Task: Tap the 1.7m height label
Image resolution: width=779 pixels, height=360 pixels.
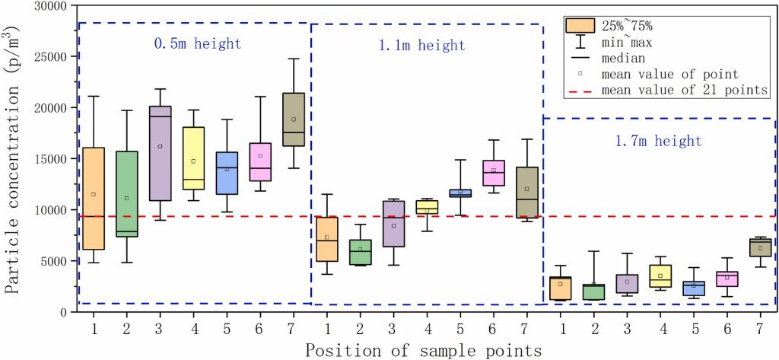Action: (x=657, y=141)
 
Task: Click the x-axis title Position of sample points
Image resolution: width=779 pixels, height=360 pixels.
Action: (x=424, y=350)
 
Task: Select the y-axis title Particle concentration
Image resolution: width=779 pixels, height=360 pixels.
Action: (x=14, y=158)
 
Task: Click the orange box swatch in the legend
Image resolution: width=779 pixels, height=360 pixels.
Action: (x=580, y=25)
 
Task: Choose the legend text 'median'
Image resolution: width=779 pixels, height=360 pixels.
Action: (x=623, y=58)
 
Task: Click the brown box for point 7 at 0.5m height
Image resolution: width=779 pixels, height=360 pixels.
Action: (x=294, y=119)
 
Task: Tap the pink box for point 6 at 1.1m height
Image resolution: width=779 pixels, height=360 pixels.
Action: (x=494, y=173)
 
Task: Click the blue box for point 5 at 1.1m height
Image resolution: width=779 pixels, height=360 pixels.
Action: (x=460, y=193)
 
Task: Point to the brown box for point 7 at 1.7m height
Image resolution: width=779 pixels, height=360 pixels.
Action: (x=760, y=247)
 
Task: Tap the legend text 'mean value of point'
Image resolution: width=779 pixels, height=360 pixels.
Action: (x=669, y=74)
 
